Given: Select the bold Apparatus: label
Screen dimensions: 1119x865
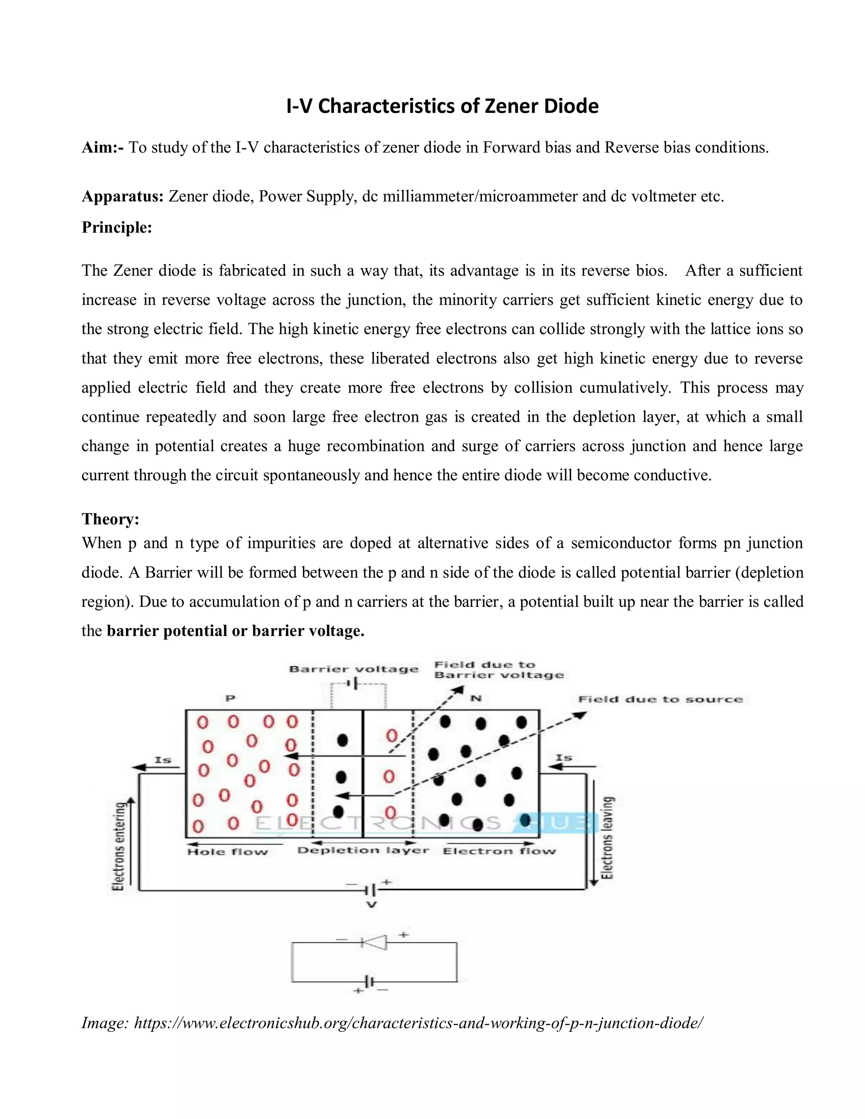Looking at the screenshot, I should pyautogui.click(x=122, y=196).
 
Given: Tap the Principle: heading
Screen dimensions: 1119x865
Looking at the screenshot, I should pyautogui.click(x=117, y=227).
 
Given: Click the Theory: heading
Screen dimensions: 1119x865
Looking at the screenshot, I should pyautogui.click(x=110, y=519).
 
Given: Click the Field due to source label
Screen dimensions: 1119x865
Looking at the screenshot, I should pyautogui.click(x=660, y=699).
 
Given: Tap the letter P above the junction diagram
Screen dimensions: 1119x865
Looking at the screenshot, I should pyautogui.click(x=230, y=698).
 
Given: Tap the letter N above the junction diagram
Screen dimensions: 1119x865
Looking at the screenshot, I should pyautogui.click(x=476, y=698).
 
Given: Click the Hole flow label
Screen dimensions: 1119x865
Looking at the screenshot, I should pyautogui.click(x=228, y=852).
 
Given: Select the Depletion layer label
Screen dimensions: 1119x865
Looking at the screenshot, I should pyautogui.click(x=363, y=850).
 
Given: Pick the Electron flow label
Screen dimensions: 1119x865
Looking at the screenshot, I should pyautogui.click(x=499, y=852).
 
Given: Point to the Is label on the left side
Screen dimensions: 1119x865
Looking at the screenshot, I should pyautogui.click(x=163, y=760).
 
